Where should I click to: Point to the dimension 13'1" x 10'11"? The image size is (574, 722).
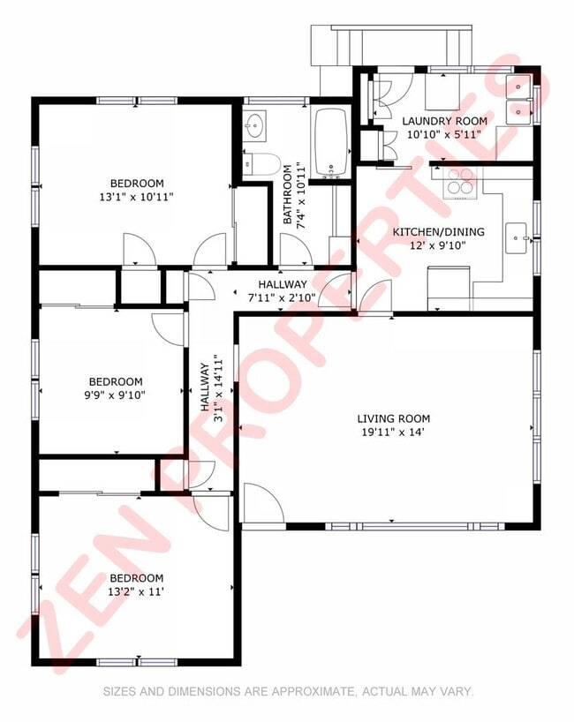click(x=137, y=197)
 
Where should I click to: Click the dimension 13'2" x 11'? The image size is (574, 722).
click(x=137, y=592)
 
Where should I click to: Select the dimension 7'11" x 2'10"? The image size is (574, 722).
click(x=276, y=297)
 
